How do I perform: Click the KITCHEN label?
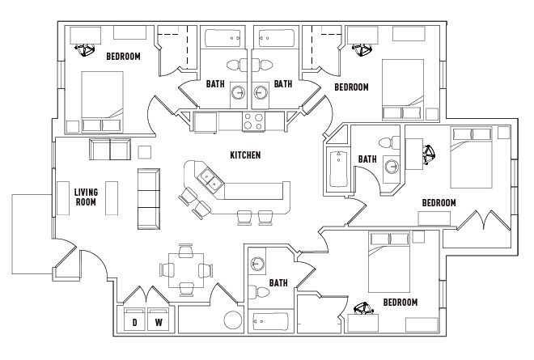245,155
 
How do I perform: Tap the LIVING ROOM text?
86,197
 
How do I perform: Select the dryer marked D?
135,319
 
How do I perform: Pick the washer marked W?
159,319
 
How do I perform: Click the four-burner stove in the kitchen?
253,121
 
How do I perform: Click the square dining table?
186,270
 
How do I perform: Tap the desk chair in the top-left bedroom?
84,49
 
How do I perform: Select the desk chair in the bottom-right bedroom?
363,308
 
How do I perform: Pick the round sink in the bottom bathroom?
257,263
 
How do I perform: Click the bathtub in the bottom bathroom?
271,321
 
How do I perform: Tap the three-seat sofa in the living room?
149,198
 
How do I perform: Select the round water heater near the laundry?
233,320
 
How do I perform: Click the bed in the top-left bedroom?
102,101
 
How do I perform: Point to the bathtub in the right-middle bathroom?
338,169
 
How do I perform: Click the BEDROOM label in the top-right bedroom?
351,87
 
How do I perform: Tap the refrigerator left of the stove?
206,122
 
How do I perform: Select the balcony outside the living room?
32,234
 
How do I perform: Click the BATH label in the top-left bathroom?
215,84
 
